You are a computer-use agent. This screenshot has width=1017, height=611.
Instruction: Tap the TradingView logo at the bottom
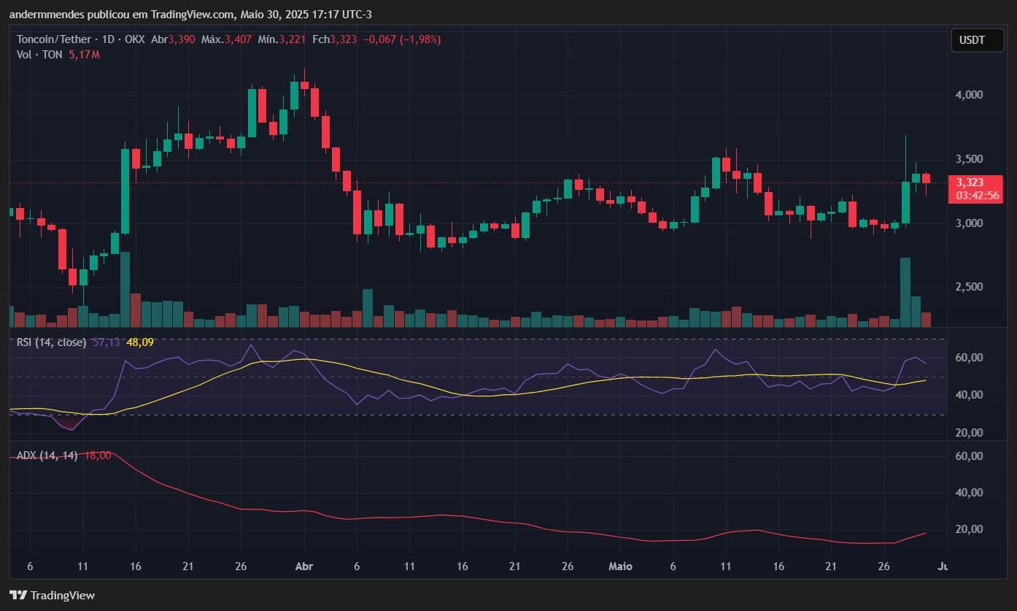pyautogui.click(x=52, y=595)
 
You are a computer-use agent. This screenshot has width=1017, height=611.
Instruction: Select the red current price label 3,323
pyautogui.click(x=970, y=182)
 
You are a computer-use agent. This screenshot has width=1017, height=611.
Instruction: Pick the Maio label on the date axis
pyautogui.click(x=620, y=566)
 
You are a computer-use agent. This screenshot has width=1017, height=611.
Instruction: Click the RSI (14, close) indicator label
pyautogui.click(x=52, y=342)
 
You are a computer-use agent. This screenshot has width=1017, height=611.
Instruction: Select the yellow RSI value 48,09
pyautogui.click(x=140, y=342)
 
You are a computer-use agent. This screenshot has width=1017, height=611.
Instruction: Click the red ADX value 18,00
pyautogui.click(x=98, y=456)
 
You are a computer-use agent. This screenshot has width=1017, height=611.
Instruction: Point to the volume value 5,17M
pyautogui.click(x=84, y=55)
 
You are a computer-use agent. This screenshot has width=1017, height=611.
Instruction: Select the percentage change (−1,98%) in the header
pyautogui.click(x=420, y=39)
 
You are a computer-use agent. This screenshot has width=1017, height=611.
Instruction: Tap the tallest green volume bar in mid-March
pyautogui.click(x=125, y=289)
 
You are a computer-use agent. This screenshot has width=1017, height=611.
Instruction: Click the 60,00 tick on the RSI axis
pyautogui.click(x=969, y=358)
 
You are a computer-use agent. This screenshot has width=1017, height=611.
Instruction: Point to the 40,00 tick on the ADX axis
pyautogui.click(x=969, y=493)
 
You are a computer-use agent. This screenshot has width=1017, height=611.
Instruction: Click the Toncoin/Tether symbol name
pyautogui.click(x=53, y=39)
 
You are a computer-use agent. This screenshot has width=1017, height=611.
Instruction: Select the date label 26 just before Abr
pyautogui.click(x=241, y=566)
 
